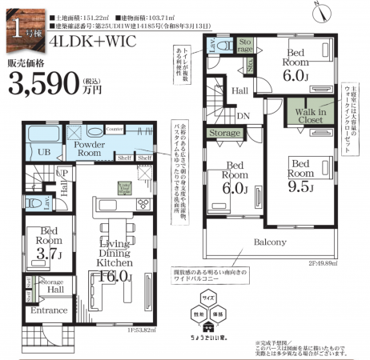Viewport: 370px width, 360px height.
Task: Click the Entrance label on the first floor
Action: point(48,310)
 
